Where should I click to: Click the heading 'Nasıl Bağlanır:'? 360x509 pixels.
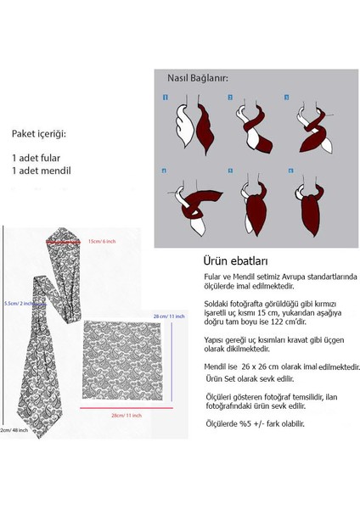tap(193, 79)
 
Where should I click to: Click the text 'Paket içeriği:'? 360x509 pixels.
tap(39, 134)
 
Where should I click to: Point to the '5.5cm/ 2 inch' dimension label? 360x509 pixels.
tap(18, 301)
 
